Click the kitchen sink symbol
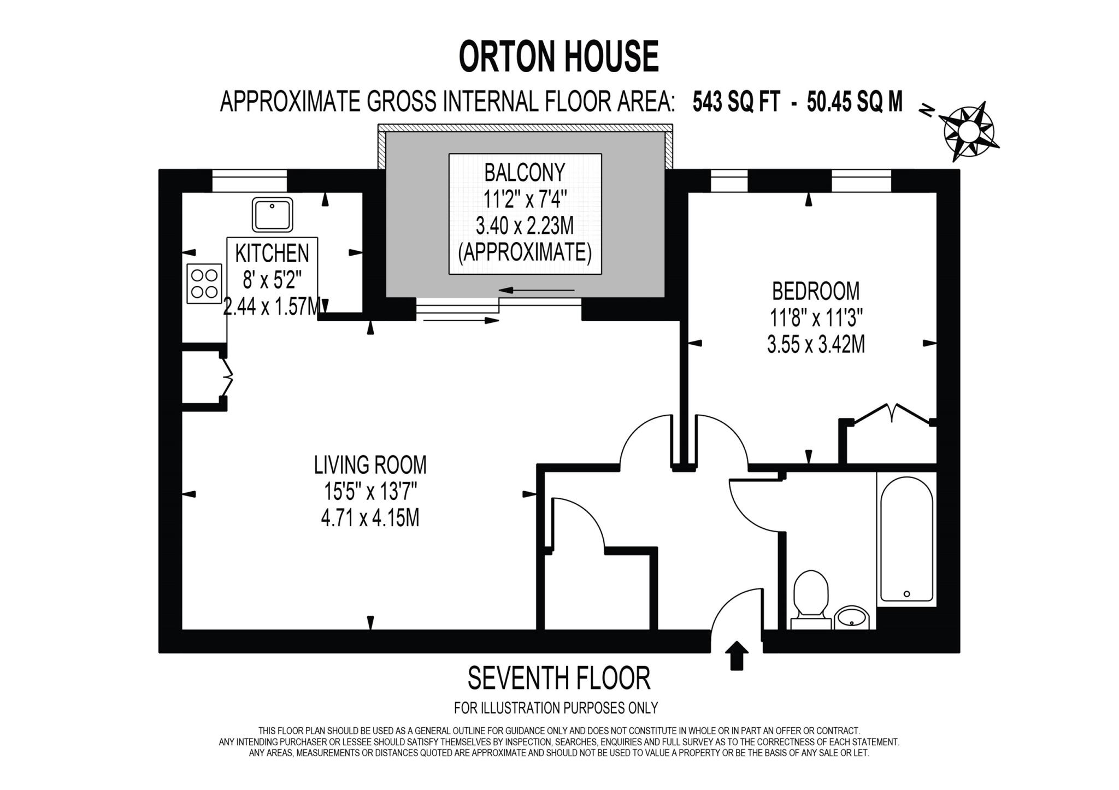[x=272, y=215]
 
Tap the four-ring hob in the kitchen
[x=204, y=284]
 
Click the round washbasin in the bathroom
[x=851, y=618]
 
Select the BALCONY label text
[x=525, y=173]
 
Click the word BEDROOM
[x=815, y=291]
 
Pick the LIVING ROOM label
[x=370, y=465]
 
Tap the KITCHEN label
[x=272, y=253]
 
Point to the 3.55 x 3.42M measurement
[x=815, y=345]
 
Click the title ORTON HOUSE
[x=558, y=57]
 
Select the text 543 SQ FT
[x=736, y=102]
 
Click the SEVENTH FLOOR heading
[x=558, y=679]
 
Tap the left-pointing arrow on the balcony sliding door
[x=535, y=290]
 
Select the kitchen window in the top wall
[x=249, y=181]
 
